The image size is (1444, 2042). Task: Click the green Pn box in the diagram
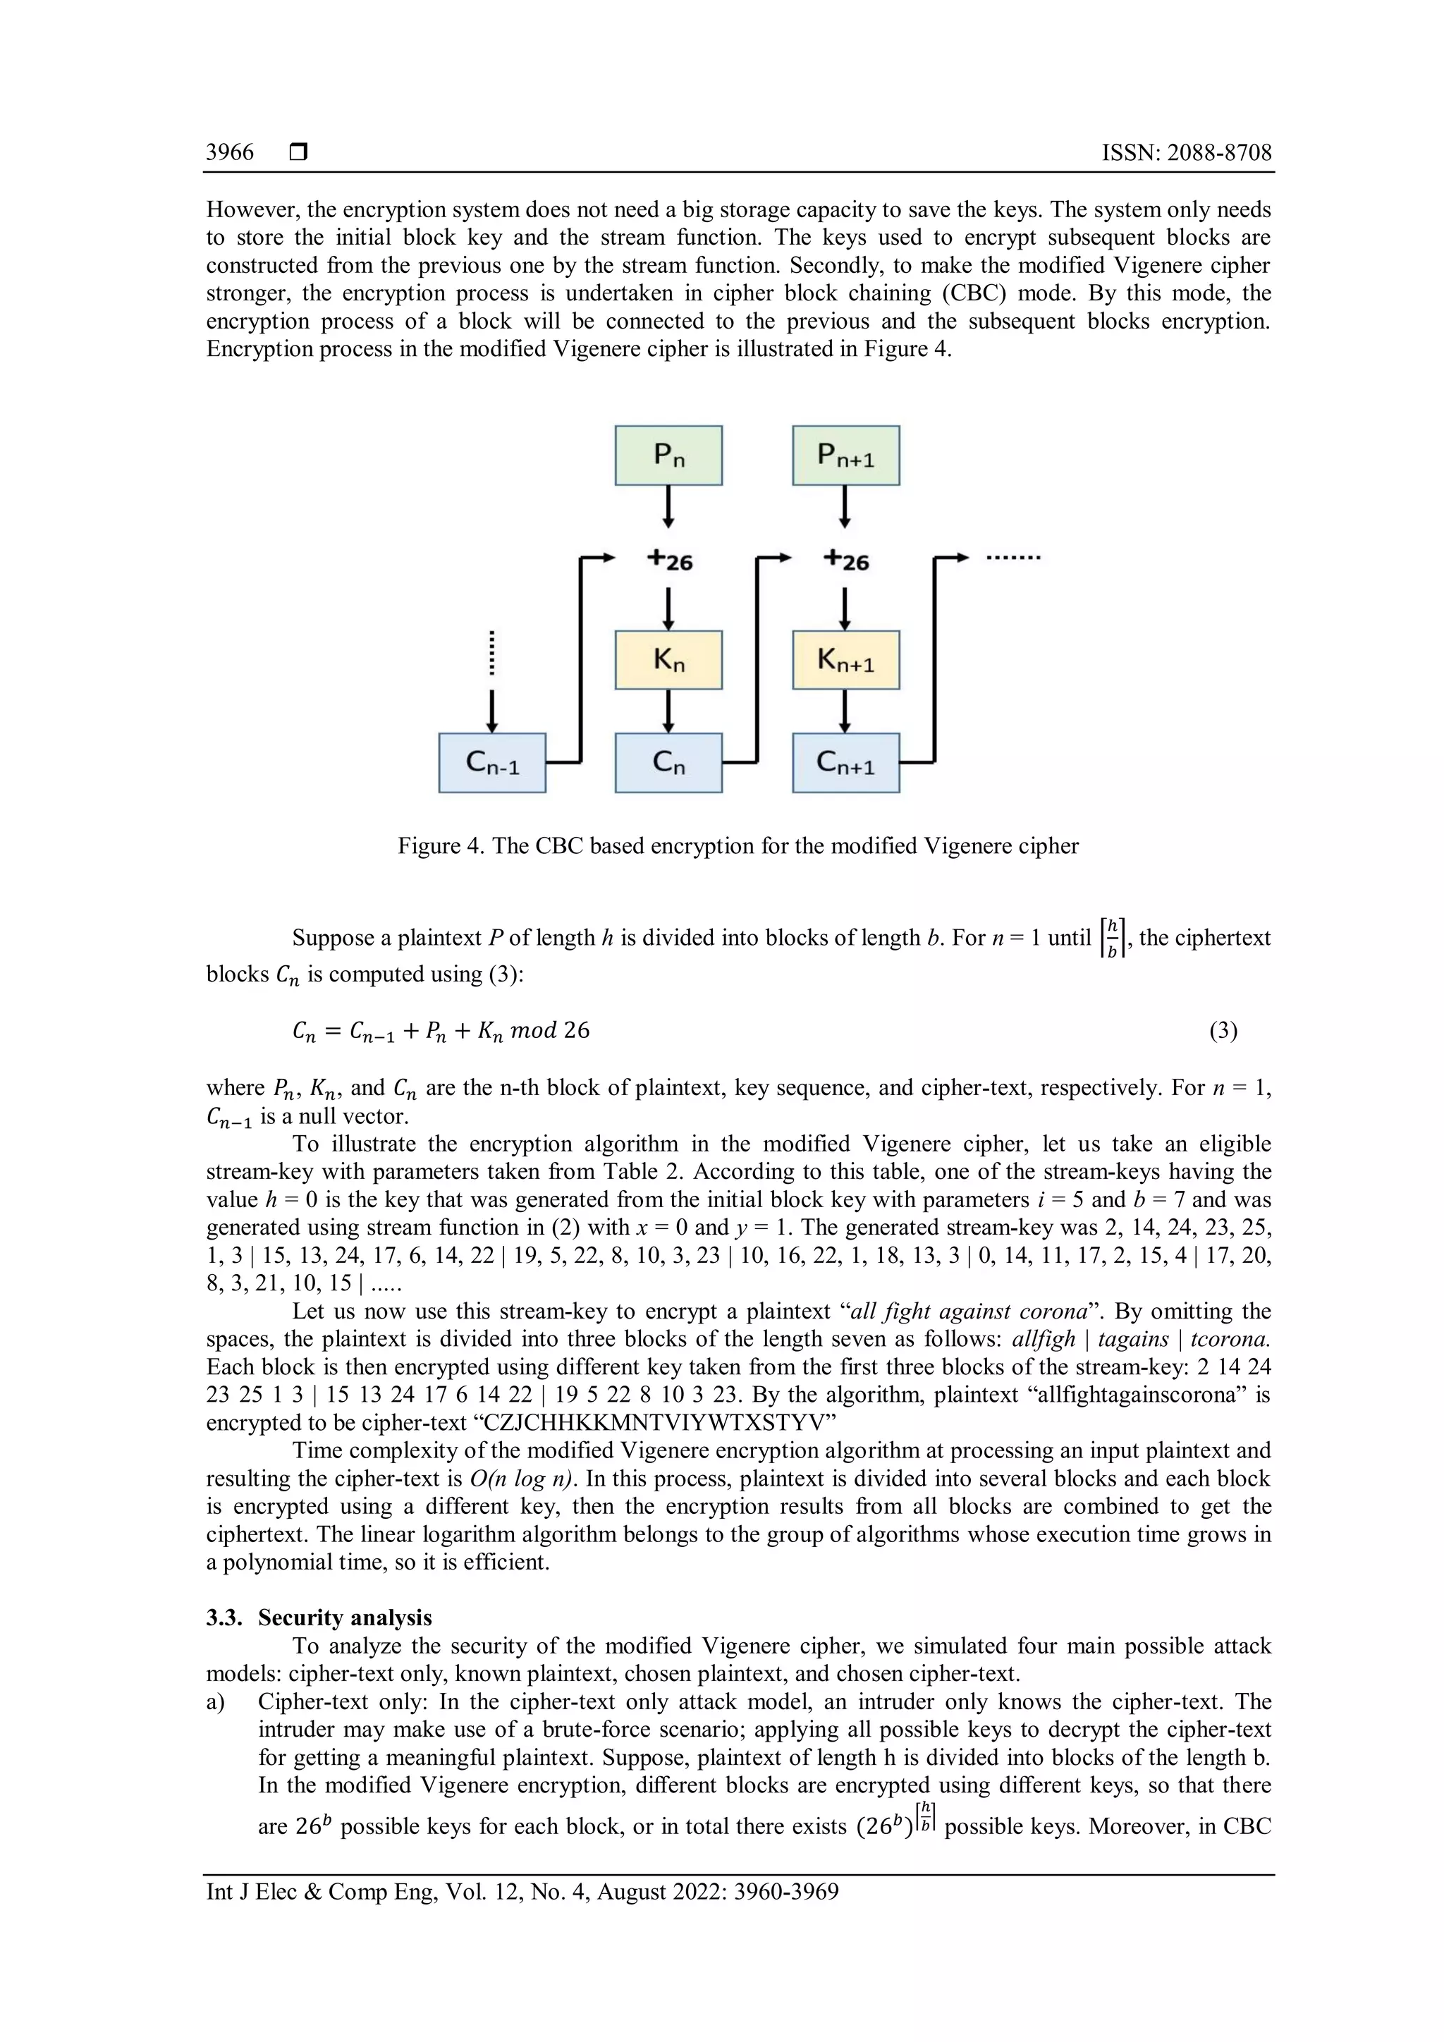coord(668,456)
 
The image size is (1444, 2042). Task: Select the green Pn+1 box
coord(845,456)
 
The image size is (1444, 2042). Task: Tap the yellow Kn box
coord(668,660)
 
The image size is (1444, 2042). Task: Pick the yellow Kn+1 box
coord(845,660)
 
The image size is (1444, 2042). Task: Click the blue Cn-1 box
coord(491,762)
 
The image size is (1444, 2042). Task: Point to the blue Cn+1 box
coord(845,762)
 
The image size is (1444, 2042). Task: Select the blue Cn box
coord(668,762)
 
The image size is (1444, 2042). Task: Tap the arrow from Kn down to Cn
coord(668,711)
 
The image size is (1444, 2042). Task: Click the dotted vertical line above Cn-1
coord(491,654)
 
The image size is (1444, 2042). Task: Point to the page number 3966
coord(229,152)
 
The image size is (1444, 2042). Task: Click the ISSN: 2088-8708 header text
coord(1186,152)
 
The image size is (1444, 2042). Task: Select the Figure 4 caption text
coord(738,846)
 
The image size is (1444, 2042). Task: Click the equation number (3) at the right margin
coord(1223,1031)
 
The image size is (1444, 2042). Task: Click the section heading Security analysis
coord(345,1618)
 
